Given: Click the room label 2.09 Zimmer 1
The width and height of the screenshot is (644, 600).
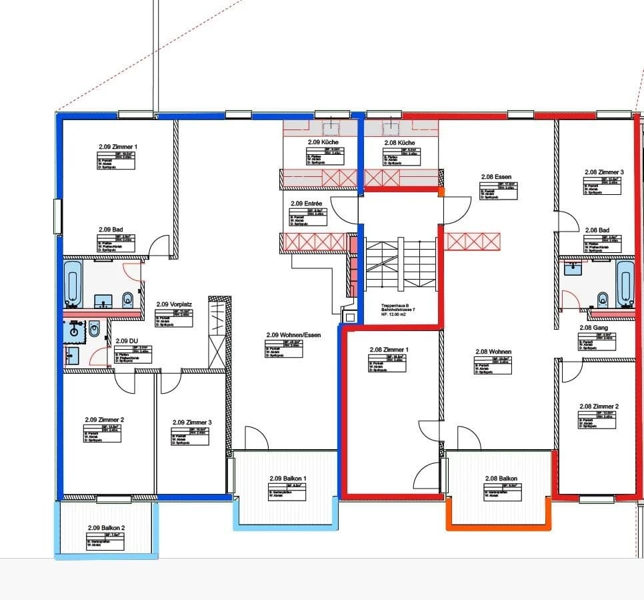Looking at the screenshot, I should tap(117, 146).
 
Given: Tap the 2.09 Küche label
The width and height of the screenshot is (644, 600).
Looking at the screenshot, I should tap(323, 142).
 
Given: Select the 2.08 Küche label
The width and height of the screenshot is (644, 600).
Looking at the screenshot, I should tap(399, 143).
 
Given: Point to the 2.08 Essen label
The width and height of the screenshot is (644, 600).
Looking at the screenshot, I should tap(496, 177).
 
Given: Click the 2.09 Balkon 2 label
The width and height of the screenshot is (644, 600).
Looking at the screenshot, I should tap(106, 527).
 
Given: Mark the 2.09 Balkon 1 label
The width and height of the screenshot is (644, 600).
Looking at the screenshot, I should tap(287, 478).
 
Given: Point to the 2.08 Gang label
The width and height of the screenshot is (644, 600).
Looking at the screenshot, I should tap(594, 328).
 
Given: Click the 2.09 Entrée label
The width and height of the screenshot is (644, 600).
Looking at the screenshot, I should tap(306, 203).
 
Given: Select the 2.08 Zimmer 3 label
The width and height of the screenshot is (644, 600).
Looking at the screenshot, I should tap(603, 172).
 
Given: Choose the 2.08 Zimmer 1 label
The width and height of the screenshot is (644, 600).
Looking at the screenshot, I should tap(389, 349).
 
